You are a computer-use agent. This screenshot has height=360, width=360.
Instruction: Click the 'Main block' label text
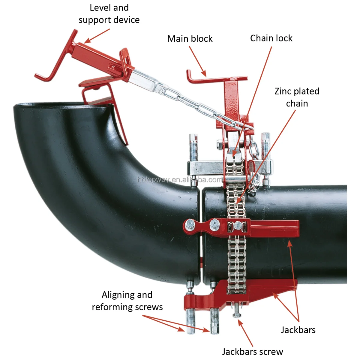pos(190,39)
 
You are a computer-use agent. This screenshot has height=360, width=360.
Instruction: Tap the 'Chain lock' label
pos(271,38)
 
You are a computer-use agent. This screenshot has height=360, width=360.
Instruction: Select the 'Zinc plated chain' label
pos(297,97)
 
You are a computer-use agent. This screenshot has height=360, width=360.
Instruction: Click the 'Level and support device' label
pos(109,14)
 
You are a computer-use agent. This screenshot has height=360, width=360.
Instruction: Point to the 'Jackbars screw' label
pos(252,351)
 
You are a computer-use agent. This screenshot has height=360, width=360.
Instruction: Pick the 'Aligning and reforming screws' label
pos(127,301)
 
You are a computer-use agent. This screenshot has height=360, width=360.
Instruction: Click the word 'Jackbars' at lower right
pos(298,330)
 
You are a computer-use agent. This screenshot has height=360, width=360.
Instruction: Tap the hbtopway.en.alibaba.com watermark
pos(180,180)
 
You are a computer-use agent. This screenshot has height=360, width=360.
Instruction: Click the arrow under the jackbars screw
pos(246,333)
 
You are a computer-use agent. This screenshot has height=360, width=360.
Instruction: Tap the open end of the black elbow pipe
pos(60,106)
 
